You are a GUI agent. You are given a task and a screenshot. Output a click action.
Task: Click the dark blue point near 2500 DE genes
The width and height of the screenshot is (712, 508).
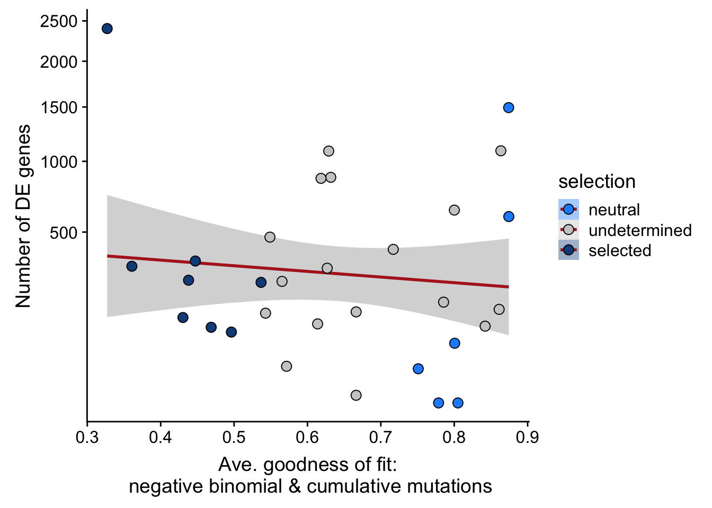click(107, 29)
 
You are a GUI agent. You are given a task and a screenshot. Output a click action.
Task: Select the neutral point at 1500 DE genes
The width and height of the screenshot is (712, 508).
click(509, 108)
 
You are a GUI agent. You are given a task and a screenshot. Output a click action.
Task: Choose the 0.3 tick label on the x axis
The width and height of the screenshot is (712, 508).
click(87, 438)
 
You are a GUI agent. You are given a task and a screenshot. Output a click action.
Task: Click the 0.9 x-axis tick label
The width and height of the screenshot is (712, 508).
click(528, 438)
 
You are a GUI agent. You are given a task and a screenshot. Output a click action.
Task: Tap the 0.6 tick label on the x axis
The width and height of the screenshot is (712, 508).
click(307, 438)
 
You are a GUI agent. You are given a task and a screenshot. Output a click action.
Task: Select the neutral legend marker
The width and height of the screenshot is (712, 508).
click(568, 210)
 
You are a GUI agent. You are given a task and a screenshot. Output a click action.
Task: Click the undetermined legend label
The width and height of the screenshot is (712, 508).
click(640, 230)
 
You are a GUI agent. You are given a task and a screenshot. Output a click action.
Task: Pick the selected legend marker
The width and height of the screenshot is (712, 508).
click(568, 250)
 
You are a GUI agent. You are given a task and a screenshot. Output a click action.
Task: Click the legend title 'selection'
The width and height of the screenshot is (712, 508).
click(597, 182)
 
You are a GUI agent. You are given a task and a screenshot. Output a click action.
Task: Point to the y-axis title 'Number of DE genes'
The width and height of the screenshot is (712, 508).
click(23, 216)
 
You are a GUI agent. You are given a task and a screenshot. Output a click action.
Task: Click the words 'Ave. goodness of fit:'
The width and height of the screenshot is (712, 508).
click(308, 465)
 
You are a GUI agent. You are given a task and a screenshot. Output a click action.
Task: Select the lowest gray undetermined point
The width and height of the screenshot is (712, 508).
click(356, 395)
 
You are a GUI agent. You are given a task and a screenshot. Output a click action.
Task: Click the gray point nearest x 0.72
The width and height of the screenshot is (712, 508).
click(393, 249)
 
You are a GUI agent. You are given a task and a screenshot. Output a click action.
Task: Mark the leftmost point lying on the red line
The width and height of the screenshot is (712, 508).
click(195, 261)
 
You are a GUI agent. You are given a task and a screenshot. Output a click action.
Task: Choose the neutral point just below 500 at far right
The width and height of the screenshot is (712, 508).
click(509, 216)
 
